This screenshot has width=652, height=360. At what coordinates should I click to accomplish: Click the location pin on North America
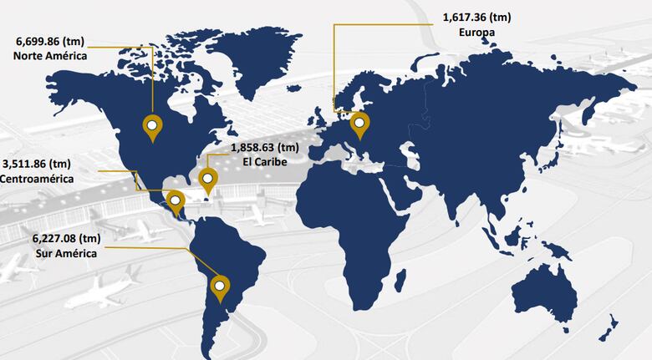(x=152, y=127)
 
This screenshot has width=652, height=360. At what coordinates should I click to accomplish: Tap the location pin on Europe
(x=359, y=125)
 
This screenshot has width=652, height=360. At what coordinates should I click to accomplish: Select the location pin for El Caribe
(x=207, y=178)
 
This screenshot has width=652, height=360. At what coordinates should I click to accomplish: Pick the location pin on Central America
(x=175, y=200)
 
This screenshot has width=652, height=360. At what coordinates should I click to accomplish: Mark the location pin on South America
(x=221, y=287)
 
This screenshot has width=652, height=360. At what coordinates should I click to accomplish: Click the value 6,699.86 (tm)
(x=52, y=41)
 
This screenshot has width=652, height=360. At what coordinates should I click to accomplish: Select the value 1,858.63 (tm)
(x=264, y=147)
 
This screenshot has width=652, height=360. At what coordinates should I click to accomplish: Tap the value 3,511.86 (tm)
(x=38, y=164)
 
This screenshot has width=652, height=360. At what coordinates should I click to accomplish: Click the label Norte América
(x=50, y=56)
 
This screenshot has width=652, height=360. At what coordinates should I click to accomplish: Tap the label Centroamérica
(x=37, y=179)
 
